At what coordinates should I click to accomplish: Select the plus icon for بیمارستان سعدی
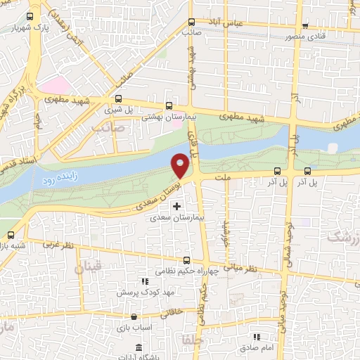pyautogui.click(x=176, y=206)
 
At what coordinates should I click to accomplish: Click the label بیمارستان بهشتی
pyautogui.click(x=162, y=117)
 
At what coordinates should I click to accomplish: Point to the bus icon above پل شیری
pyautogui.click(x=117, y=99)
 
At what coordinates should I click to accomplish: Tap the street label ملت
pyautogui.click(x=225, y=178)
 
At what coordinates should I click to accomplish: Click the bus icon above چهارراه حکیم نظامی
pyautogui.click(x=184, y=259)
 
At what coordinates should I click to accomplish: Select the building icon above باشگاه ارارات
pyautogui.click(x=139, y=349)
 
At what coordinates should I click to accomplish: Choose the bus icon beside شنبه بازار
pyautogui.click(x=11, y=235)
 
